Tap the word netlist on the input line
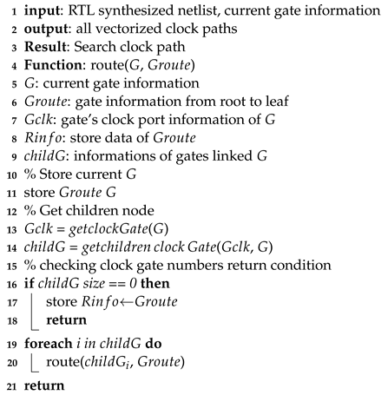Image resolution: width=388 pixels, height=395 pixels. [x=170, y=10]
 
